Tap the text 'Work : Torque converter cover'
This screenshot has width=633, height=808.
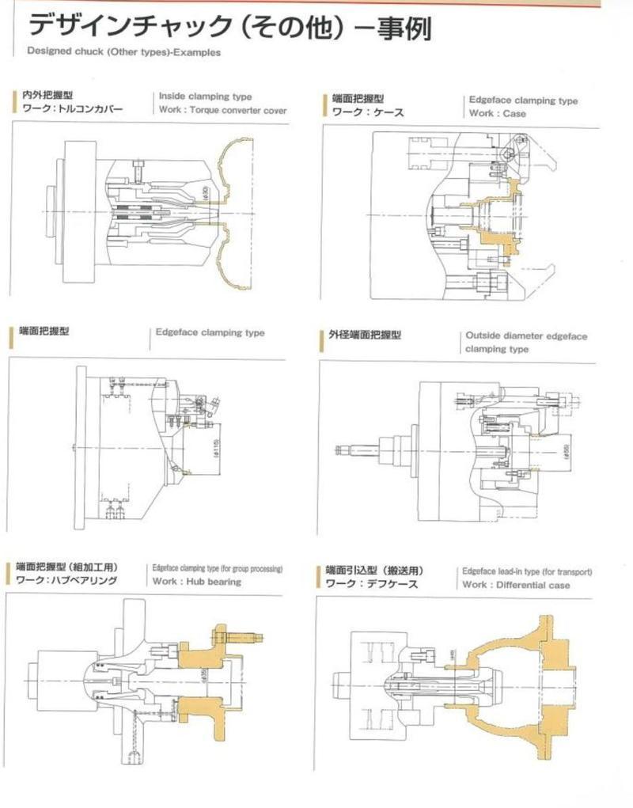[x=222, y=110]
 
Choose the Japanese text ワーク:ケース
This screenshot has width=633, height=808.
[x=368, y=113]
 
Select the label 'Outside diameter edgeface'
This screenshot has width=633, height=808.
[x=526, y=336]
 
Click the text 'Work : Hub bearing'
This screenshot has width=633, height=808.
[x=197, y=582]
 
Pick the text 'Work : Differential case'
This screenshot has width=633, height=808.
[x=516, y=585]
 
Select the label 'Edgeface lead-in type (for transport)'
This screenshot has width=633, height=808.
[x=527, y=571]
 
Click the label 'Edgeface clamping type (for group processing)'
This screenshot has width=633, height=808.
[x=217, y=568]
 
